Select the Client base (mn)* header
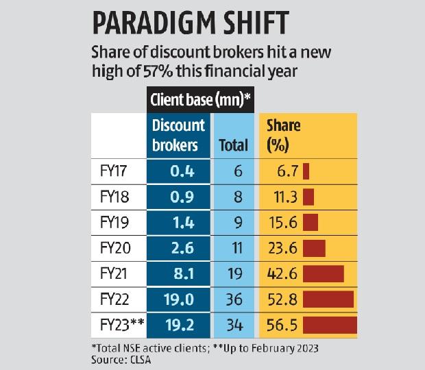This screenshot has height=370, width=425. pyautogui.click(x=201, y=100)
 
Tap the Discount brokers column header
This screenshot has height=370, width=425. pyautogui.click(x=178, y=135)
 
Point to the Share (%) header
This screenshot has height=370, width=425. pyautogui.click(x=283, y=135)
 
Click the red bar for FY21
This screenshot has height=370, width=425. pyautogui.click(x=323, y=273)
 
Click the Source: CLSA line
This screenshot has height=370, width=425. pyautogui.click(x=121, y=360)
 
